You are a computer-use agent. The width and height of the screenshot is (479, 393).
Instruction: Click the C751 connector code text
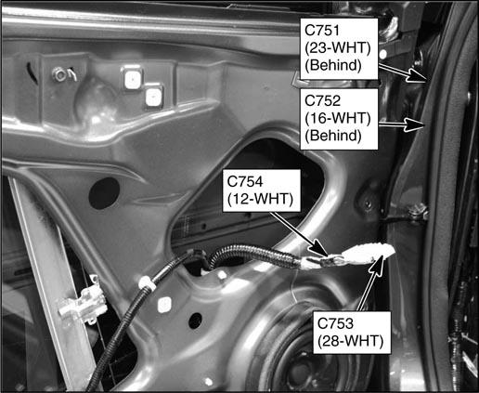click(x=322, y=31)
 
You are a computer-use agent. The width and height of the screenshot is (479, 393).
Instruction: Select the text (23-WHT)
click(x=338, y=47)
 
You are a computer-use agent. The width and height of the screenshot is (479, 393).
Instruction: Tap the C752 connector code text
click(x=323, y=100)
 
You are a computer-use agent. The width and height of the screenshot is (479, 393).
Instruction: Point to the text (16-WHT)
click(x=338, y=118)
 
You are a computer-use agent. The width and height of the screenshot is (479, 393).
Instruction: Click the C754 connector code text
click(x=245, y=181)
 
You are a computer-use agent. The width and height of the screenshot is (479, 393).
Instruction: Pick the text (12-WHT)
click(x=260, y=199)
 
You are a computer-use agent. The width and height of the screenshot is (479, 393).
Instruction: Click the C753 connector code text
click(x=335, y=323)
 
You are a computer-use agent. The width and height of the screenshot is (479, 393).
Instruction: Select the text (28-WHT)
click(x=350, y=341)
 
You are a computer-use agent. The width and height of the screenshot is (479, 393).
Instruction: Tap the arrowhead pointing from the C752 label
click(x=415, y=124)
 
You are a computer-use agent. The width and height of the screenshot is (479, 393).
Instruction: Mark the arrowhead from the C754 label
click(x=318, y=248)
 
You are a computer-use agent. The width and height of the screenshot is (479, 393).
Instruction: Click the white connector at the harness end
click(x=368, y=253)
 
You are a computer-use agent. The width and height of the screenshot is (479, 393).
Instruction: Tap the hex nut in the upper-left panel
click(x=58, y=74)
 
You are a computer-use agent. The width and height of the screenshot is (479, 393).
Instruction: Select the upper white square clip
click(x=133, y=78)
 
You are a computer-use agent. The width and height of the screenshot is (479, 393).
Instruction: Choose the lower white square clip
click(x=153, y=96)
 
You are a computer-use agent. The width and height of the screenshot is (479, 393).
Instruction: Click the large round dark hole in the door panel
click(x=104, y=193)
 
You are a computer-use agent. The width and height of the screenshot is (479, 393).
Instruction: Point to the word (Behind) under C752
click(x=333, y=136)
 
